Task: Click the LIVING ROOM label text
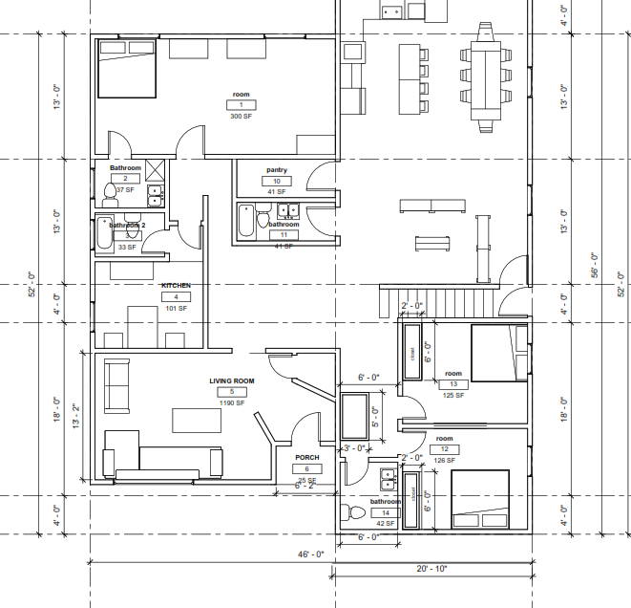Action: tap(232, 381)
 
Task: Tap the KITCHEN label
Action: tap(176, 286)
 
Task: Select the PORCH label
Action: tap(306, 457)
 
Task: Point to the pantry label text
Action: tap(277, 170)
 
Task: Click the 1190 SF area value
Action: tap(232, 403)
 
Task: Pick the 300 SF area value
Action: tap(241, 116)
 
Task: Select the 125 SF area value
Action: tap(453, 394)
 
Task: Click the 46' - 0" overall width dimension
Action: tap(310, 554)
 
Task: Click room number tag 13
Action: tap(453, 384)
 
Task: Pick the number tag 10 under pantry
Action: tap(277, 181)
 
